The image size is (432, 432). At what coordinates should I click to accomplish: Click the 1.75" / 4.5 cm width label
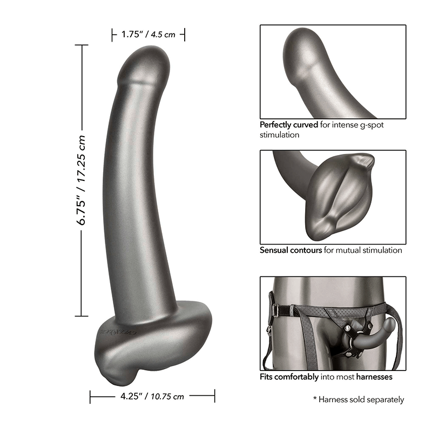click(x=148, y=35)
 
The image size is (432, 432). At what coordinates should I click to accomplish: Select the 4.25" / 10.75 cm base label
click(x=152, y=396)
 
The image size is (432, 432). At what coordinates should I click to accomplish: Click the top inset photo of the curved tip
click(x=333, y=71)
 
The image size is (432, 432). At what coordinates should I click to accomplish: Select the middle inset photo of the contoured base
click(x=333, y=197)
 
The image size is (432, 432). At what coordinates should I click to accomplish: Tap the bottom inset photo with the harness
click(x=333, y=322)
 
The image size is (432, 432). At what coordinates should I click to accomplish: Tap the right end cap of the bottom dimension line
click(x=214, y=396)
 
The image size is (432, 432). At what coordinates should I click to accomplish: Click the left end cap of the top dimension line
click(x=113, y=35)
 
